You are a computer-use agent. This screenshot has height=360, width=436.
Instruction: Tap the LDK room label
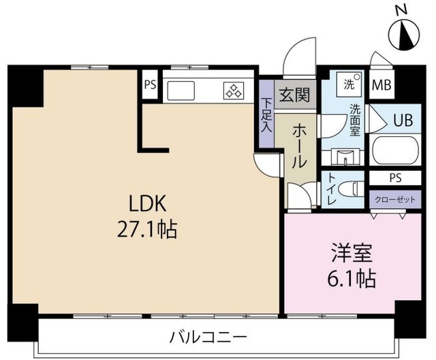point(148,203)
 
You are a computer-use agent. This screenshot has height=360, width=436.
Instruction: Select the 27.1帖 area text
point(147,229)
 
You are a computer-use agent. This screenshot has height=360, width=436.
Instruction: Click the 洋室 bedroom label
point(352,252)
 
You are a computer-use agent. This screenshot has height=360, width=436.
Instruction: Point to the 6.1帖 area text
point(352,278)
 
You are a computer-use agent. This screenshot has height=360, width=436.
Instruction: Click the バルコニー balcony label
point(208,338)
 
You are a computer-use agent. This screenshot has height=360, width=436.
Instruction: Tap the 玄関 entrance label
point(294,95)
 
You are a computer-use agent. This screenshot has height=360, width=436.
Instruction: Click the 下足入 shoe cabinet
point(266,114)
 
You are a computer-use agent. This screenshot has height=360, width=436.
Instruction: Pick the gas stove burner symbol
point(234,91)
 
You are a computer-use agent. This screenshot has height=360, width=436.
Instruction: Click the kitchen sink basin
point(181,91)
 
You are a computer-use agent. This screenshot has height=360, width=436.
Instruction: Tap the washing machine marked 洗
point(349,81)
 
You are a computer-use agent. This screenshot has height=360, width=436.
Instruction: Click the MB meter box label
point(381,85)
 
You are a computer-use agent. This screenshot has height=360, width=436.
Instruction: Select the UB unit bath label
point(403,120)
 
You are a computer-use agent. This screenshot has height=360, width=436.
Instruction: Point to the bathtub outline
point(396,150)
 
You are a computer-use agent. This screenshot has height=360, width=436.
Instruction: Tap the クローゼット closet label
point(395,199)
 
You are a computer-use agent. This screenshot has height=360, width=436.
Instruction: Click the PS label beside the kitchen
point(150,84)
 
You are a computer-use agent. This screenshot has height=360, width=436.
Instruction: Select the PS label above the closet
point(395,178)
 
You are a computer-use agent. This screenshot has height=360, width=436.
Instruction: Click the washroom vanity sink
point(345,157)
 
